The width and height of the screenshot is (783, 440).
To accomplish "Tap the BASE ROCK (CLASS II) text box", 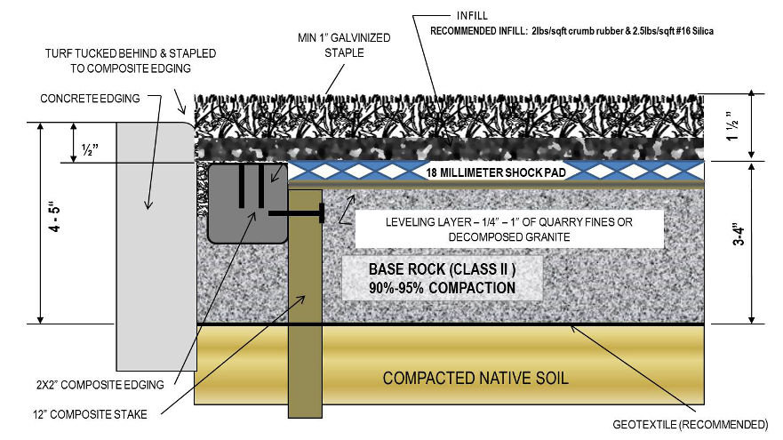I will tap(430, 278).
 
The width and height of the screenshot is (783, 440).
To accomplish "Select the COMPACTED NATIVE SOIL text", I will tap(475, 378).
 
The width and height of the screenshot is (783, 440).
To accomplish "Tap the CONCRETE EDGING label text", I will tap(91, 99).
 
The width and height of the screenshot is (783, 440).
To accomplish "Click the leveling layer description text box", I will tap(507, 229).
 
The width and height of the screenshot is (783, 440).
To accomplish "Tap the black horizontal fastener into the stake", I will tap(294, 213).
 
